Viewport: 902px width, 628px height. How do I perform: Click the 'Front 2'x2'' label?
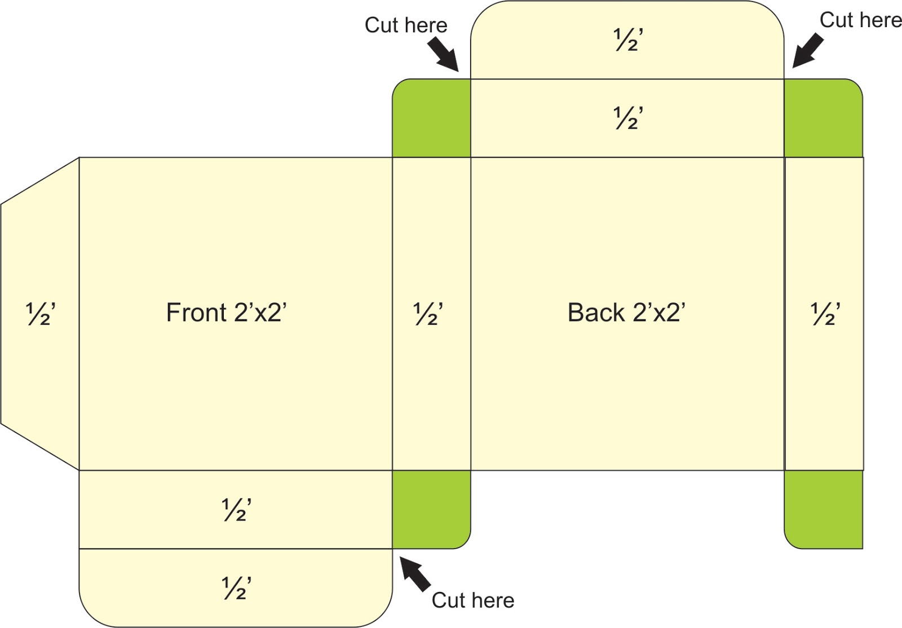pos(226,313)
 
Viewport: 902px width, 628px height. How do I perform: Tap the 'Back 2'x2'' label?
pos(626,313)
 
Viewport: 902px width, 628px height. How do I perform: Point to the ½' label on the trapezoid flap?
pos(40,314)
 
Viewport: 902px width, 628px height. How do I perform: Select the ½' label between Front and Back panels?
pos(428,314)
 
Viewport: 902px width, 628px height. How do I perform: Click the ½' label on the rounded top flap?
pos(628,39)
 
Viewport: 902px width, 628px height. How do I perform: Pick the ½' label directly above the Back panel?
pos(628,118)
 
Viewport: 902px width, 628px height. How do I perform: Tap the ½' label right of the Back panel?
pos(825,314)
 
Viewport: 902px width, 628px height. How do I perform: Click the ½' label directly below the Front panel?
pos(236,510)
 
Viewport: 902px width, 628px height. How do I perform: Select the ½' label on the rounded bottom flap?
pos(236,588)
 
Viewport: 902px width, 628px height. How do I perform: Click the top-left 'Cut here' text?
pos(406,25)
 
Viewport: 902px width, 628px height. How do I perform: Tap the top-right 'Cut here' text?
pos(861,20)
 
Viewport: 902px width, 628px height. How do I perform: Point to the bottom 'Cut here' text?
pos(473,600)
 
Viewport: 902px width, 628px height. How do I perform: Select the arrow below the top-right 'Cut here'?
pos(808,51)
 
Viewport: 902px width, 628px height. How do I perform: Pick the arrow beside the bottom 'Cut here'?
pos(415,574)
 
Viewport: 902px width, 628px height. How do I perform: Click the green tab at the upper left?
pos(431,118)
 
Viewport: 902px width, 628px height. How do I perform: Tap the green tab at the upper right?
pos(824,118)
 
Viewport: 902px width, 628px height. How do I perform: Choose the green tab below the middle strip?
pos(431,509)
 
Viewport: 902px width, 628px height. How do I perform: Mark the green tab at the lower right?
pos(824,509)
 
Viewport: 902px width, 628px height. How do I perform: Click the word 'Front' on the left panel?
pos(196,313)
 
